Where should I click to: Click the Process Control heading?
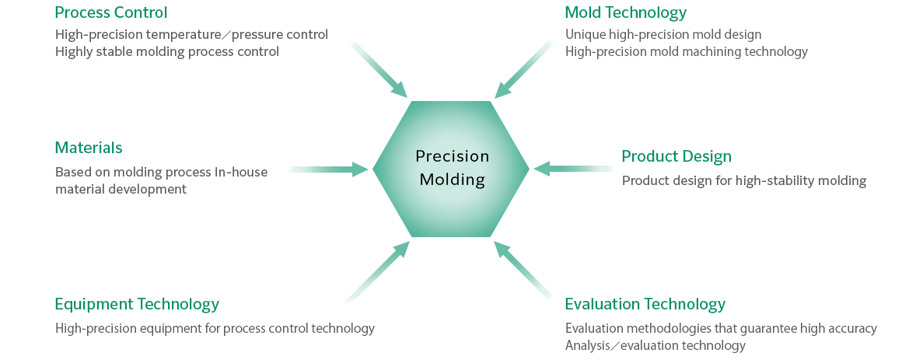[x=111, y=12]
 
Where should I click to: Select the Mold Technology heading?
[x=626, y=12]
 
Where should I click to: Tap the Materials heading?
[x=89, y=148]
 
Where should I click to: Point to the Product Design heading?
[x=676, y=156]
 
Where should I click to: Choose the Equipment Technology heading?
[x=137, y=304]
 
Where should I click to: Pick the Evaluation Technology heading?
[x=645, y=304]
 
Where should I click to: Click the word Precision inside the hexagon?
[x=452, y=156]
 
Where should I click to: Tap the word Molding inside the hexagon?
[x=452, y=180]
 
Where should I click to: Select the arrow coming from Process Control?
[x=379, y=69]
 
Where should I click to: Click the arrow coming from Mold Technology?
[x=523, y=69]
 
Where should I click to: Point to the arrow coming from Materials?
[x=328, y=169]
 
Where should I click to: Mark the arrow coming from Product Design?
[x=574, y=169]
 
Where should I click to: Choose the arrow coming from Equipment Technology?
[x=377, y=271]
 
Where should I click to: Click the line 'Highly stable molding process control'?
[x=167, y=52]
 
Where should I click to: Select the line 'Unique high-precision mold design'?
[x=663, y=35]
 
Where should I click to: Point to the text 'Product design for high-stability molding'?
[x=744, y=181]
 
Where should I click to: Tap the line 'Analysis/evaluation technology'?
[x=656, y=346]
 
